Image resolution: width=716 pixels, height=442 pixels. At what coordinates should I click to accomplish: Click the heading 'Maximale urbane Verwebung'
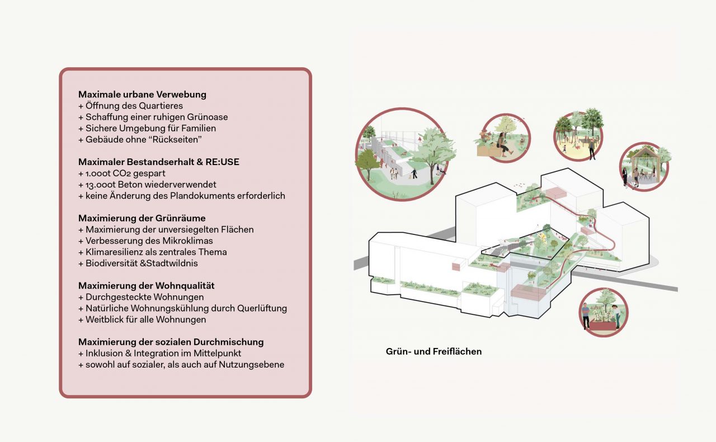click(x=142, y=95)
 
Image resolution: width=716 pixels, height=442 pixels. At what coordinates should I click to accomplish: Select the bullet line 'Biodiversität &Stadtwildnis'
click(x=138, y=263)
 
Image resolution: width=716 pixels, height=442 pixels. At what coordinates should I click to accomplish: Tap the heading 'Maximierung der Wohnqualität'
click(x=146, y=286)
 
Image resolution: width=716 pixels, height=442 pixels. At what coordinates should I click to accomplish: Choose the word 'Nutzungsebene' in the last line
click(x=256, y=365)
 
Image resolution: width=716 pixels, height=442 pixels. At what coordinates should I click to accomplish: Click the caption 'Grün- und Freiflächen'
click(x=434, y=352)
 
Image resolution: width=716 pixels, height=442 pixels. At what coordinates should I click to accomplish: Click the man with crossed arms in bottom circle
click(x=586, y=317)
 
